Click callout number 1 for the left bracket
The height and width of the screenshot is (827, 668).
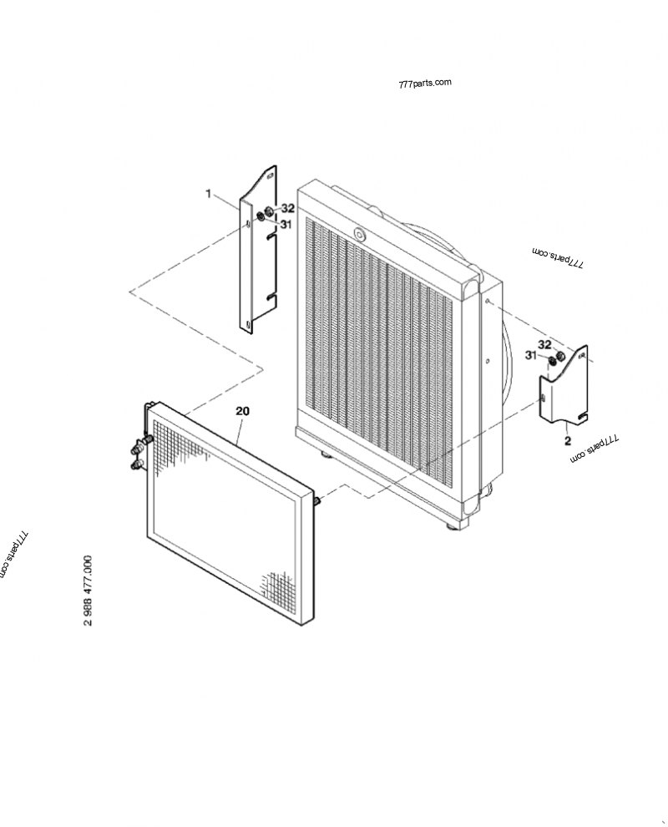pos(209,194)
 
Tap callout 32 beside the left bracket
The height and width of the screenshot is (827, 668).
pos(287,208)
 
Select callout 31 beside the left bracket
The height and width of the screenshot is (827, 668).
pos(286,224)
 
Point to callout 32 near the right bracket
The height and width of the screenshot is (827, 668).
pos(544,344)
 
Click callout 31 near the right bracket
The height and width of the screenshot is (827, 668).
pos(530,356)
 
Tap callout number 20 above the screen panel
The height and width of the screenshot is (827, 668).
pos(242,411)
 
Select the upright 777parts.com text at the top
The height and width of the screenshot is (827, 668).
pos(425,83)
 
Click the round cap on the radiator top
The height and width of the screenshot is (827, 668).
pos(360,236)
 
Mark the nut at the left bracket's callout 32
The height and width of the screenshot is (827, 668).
pos(270,211)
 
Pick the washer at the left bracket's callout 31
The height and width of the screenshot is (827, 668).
pos(261,218)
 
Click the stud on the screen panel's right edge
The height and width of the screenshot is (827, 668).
pos(318,500)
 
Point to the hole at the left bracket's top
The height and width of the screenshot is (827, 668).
pos(269,175)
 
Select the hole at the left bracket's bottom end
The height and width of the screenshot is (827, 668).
pos(246,324)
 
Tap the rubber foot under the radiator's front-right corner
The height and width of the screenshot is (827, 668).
pos(452,525)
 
